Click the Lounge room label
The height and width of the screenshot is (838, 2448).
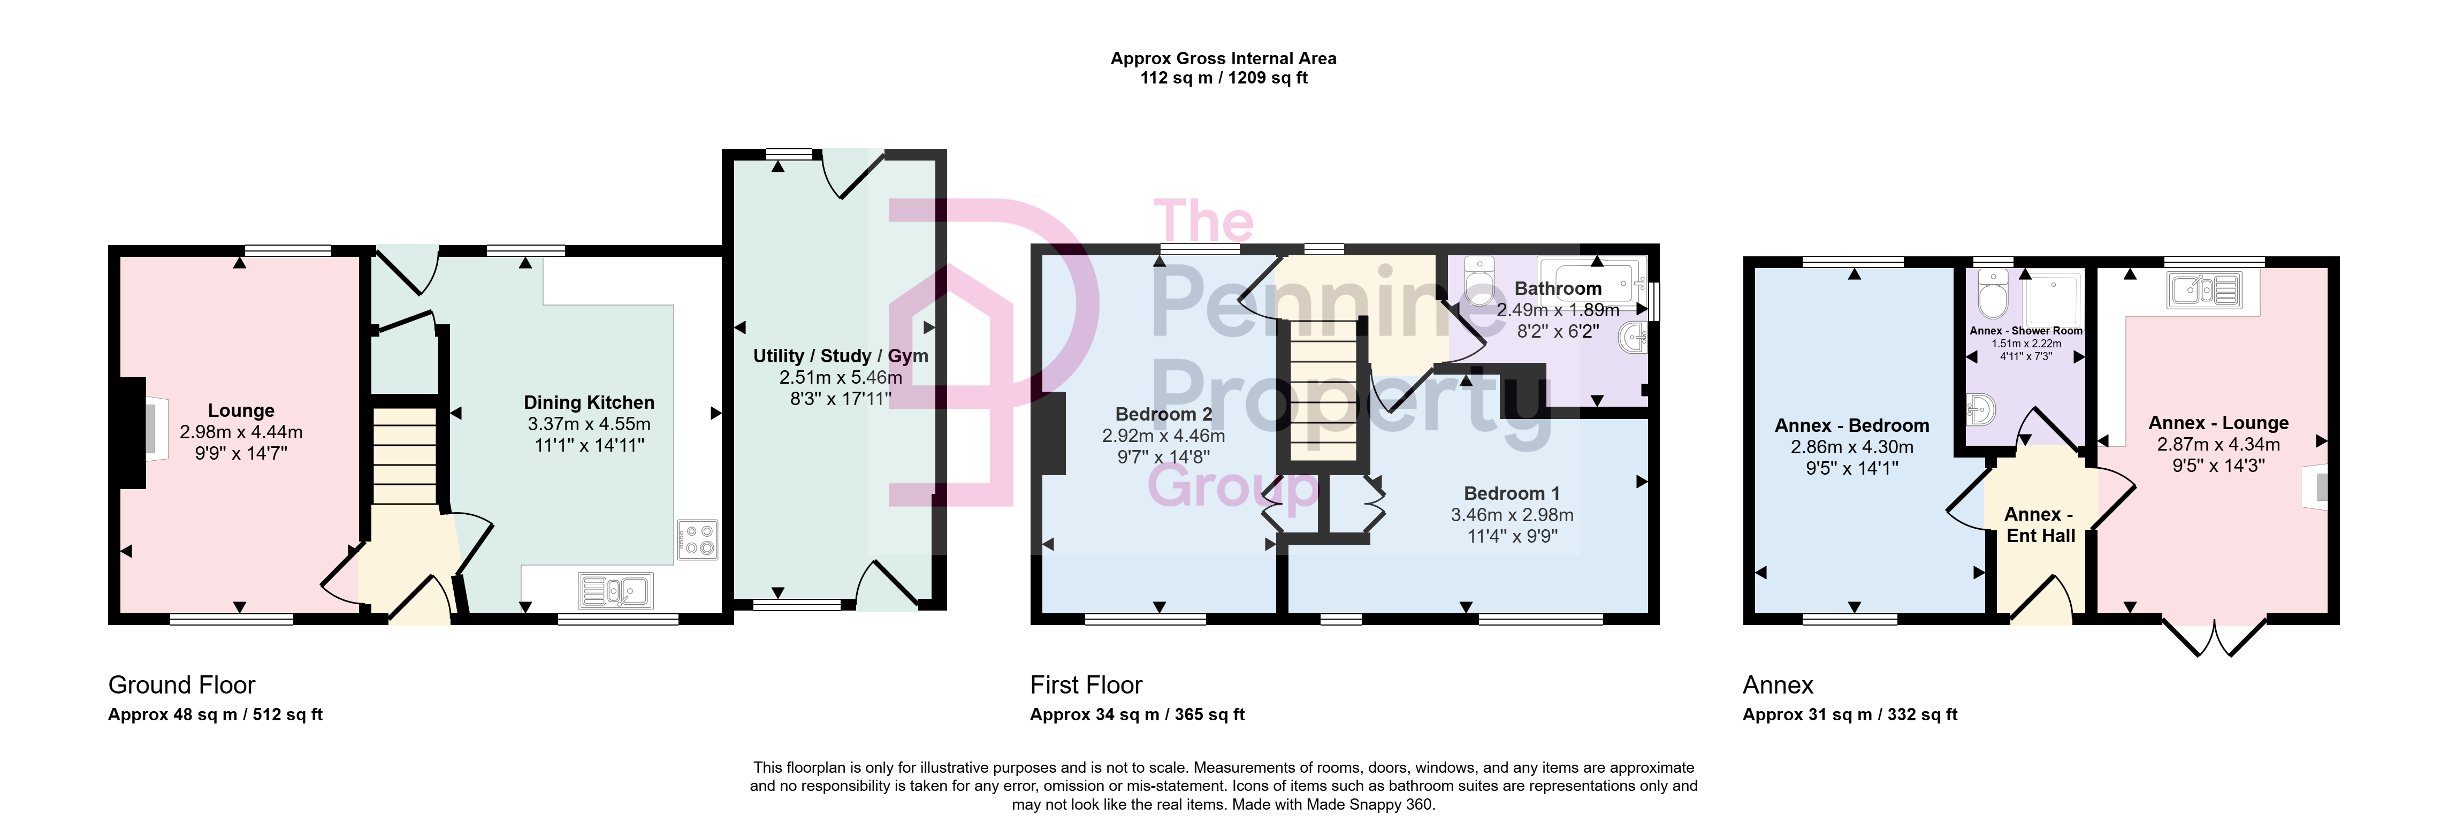click(241, 410)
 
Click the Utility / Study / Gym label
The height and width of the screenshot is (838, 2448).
click(840, 356)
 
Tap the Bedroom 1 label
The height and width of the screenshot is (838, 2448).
click(1512, 493)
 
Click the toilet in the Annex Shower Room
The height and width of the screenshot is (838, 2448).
click(1992, 294)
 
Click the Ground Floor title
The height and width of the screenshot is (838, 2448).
click(181, 685)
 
